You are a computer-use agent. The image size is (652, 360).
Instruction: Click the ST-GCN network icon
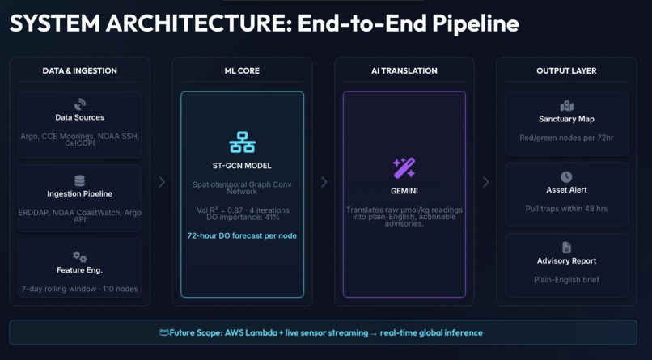(242, 142)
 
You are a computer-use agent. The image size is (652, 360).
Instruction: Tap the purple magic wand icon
(404, 167)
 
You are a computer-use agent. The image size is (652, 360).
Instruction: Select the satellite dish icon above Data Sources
(80, 104)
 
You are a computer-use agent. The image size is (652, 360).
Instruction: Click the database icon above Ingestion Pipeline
(79, 181)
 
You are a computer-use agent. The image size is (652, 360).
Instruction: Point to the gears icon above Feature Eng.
(80, 257)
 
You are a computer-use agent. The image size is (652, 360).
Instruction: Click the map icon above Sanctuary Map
(566, 107)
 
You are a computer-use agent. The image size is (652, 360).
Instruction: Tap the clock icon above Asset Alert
(566, 177)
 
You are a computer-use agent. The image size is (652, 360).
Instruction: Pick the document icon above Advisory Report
(566, 248)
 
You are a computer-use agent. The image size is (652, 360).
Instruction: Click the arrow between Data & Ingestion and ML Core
(162, 182)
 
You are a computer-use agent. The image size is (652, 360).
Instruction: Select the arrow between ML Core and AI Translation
(324, 182)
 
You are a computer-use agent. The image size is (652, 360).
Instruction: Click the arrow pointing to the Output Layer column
(485, 182)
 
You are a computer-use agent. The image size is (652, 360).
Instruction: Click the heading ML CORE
(242, 70)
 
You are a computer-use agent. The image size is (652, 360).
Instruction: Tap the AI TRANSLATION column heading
(404, 70)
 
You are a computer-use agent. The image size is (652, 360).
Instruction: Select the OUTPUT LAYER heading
(566, 70)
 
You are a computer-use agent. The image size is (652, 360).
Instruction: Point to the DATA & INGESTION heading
(80, 70)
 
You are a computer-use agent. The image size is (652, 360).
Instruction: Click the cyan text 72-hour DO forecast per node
(242, 235)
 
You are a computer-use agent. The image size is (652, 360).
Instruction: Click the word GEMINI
(404, 191)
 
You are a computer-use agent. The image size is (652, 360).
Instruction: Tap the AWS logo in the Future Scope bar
(164, 332)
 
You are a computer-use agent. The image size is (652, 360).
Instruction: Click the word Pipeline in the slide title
(476, 23)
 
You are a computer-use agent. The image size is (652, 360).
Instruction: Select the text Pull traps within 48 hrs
(566, 209)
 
